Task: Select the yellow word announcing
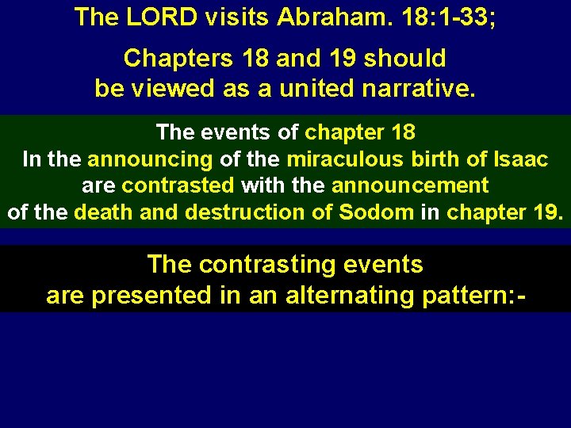click(x=150, y=159)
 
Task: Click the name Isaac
click(x=519, y=159)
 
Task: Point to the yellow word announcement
click(x=410, y=185)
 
